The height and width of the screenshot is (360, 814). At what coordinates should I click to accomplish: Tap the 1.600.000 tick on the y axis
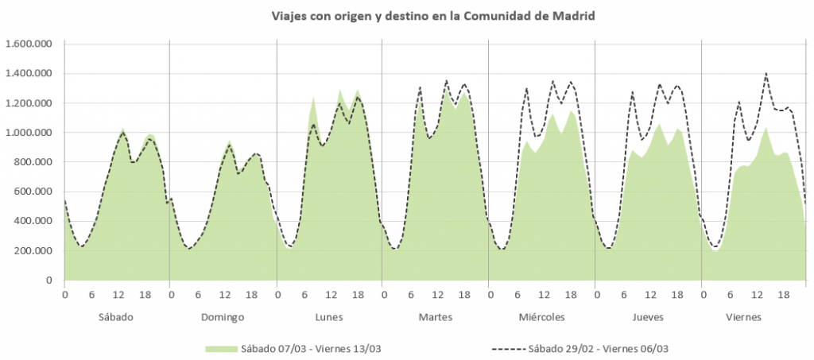click(x=29, y=44)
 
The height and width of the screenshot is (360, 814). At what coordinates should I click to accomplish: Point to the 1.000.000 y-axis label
click(x=29, y=133)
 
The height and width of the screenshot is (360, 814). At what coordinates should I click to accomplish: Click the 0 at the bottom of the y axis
click(x=48, y=281)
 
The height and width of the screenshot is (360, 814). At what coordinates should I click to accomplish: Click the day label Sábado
click(x=116, y=316)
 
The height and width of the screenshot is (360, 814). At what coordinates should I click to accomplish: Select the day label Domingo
click(x=223, y=316)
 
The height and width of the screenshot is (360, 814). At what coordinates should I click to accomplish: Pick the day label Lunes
click(x=329, y=316)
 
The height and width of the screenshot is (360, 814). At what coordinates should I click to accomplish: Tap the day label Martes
click(x=435, y=316)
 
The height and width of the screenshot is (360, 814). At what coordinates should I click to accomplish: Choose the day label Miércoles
click(x=541, y=316)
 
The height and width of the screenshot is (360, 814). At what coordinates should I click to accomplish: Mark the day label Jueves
click(x=648, y=316)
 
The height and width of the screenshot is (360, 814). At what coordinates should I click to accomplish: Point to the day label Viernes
click(x=754, y=316)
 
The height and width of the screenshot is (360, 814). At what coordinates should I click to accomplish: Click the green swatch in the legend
click(x=222, y=348)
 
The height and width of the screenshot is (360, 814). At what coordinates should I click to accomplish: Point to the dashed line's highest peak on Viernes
click(x=766, y=74)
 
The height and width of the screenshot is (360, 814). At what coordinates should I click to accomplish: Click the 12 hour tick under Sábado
click(x=118, y=295)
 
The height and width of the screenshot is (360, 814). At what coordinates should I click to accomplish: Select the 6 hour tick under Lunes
click(x=304, y=295)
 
